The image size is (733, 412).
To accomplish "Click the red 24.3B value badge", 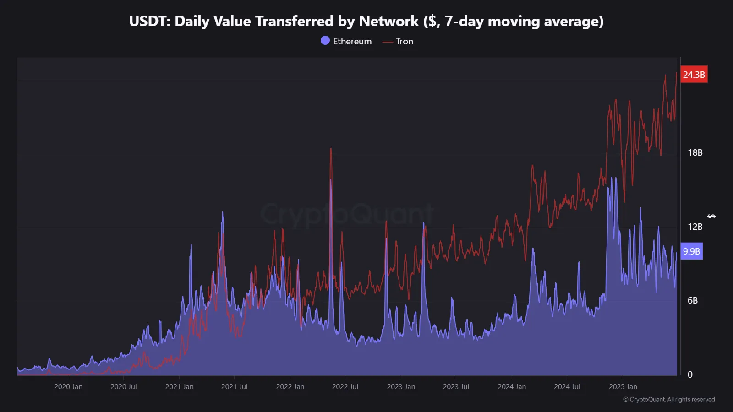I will point(694,75).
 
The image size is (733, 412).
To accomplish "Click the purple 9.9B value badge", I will point(691,251).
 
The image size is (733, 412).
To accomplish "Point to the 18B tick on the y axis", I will point(695,153).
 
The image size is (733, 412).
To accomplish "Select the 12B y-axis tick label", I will point(695,227).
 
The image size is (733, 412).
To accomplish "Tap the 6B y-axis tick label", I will point(692,301).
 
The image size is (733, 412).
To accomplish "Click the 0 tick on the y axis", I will point(690,375).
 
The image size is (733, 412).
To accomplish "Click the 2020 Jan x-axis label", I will point(68,387).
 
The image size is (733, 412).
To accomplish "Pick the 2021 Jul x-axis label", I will point(234,387).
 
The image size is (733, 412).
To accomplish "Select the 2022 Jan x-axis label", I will point(290,387).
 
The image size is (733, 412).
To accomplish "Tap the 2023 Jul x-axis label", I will point(456,387).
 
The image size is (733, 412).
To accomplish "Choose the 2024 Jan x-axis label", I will point(512,387).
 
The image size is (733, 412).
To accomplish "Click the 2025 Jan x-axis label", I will point(623,387).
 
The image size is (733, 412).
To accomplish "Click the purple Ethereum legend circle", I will point(325,41).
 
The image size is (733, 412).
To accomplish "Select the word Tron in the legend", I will point(404,42).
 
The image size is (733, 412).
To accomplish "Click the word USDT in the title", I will point(149,22).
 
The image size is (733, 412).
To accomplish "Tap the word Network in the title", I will point(388,22).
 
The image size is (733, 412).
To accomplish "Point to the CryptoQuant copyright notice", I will point(669,400).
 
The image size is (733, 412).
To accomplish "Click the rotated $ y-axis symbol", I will point(711,216).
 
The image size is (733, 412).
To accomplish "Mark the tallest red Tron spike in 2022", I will point(331,149).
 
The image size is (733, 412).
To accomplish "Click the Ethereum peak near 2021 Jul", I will point(223,213).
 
